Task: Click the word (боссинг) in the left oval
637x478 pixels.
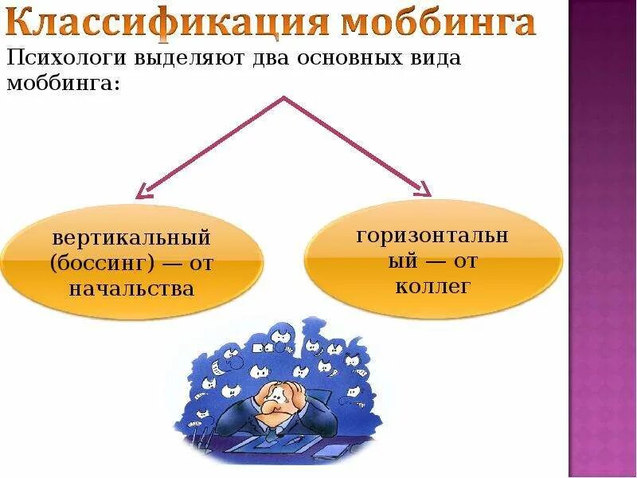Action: [x=100, y=263]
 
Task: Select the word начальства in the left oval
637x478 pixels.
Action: [x=131, y=288]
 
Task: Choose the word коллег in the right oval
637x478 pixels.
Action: [x=433, y=285]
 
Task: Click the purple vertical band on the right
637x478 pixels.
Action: [x=603, y=239]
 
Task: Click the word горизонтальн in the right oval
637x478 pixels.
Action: [x=433, y=236]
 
